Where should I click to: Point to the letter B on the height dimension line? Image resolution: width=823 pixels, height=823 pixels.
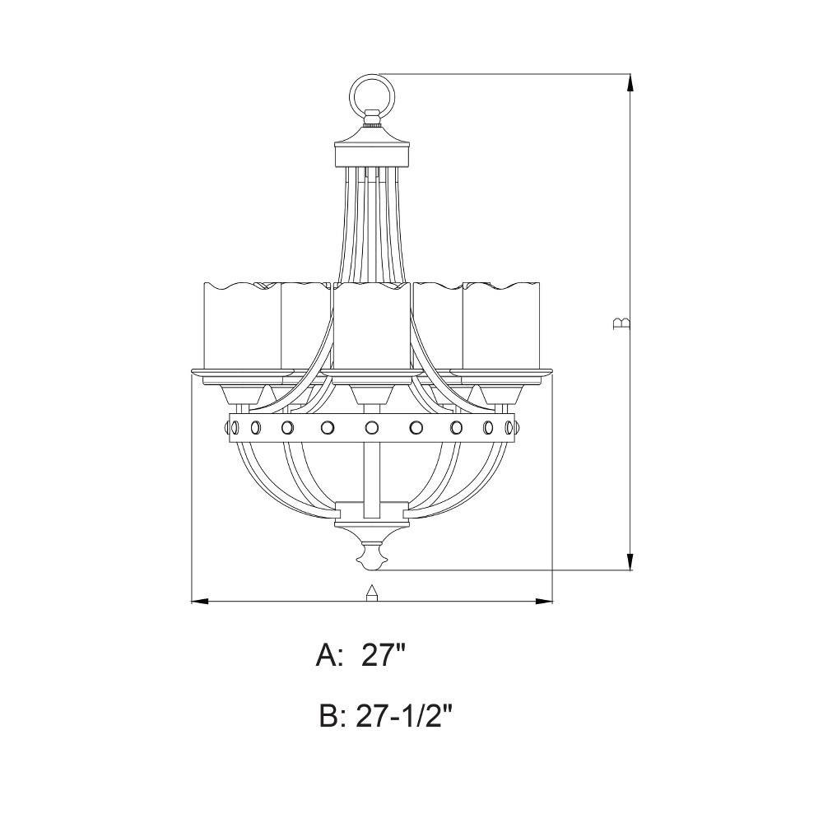tap(621, 323)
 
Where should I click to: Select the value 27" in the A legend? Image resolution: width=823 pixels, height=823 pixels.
tap(384, 656)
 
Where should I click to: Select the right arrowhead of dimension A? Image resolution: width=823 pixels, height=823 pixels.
tap(543, 601)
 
